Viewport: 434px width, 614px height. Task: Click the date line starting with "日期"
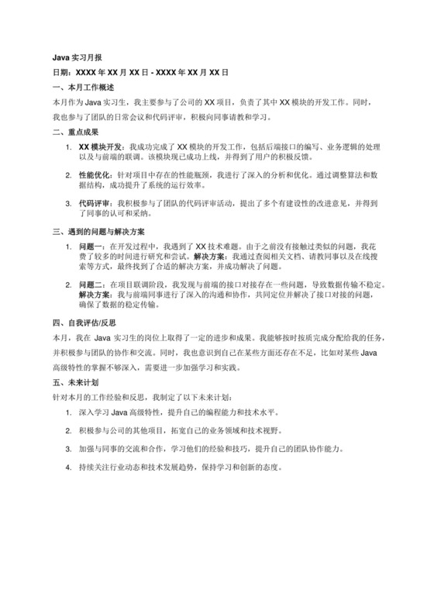(x=139, y=71)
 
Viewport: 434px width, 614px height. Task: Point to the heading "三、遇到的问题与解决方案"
(x=103, y=232)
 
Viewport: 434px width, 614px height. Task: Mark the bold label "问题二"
(x=92, y=286)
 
